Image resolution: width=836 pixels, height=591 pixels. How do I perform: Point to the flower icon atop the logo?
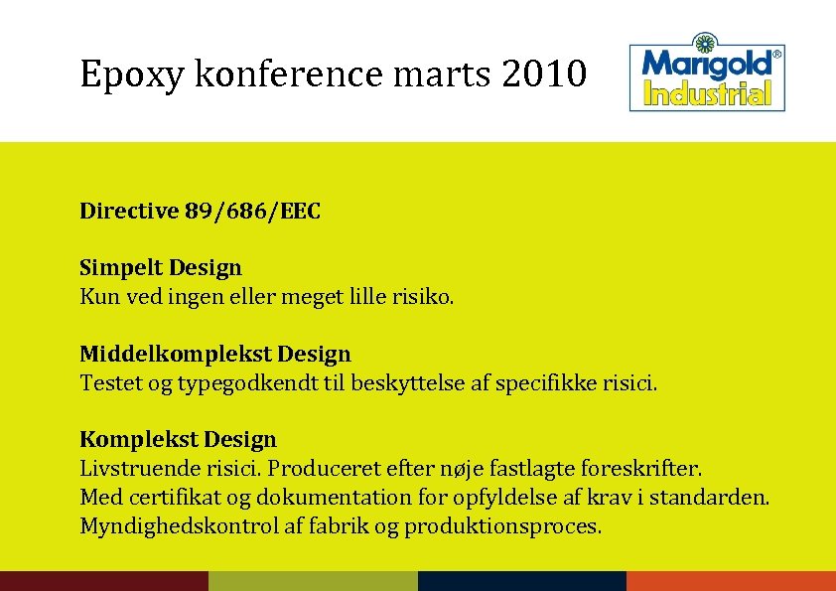click(706, 42)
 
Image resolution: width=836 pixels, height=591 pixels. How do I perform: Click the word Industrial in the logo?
click(707, 94)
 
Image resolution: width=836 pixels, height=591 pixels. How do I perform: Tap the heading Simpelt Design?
click(161, 267)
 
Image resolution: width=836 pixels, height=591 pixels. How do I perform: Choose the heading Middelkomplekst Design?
click(215, 354)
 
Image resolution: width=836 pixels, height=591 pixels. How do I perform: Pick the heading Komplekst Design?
click(179, 439)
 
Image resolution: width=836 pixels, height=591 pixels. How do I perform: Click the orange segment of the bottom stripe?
click(731, 581)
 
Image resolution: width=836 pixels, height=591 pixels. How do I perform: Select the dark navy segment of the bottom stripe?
click(522, 581)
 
